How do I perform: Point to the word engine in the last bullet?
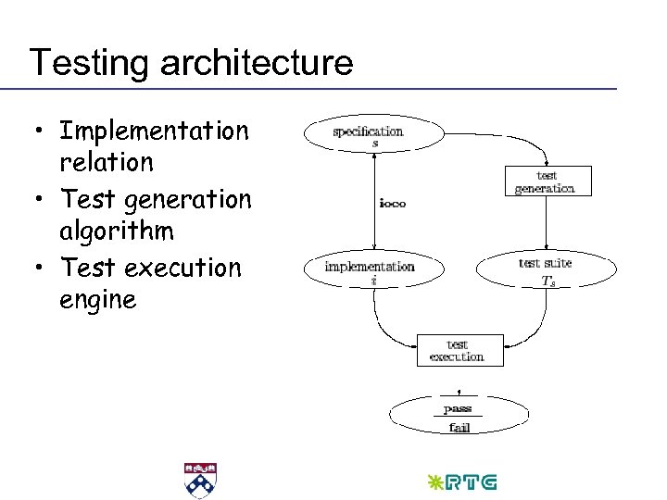click(97, 299)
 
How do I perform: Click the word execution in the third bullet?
click(182, 268)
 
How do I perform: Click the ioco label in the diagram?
click(392, 203)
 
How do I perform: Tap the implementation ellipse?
click(370, 269)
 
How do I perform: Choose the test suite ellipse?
click(545, 269)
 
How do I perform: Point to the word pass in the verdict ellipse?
click(458, 407)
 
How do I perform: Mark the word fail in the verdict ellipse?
click(459, 427)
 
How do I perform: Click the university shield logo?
click(199, 481)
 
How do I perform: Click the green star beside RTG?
click(434, 482)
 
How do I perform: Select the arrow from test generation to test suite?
click(545, 222)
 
